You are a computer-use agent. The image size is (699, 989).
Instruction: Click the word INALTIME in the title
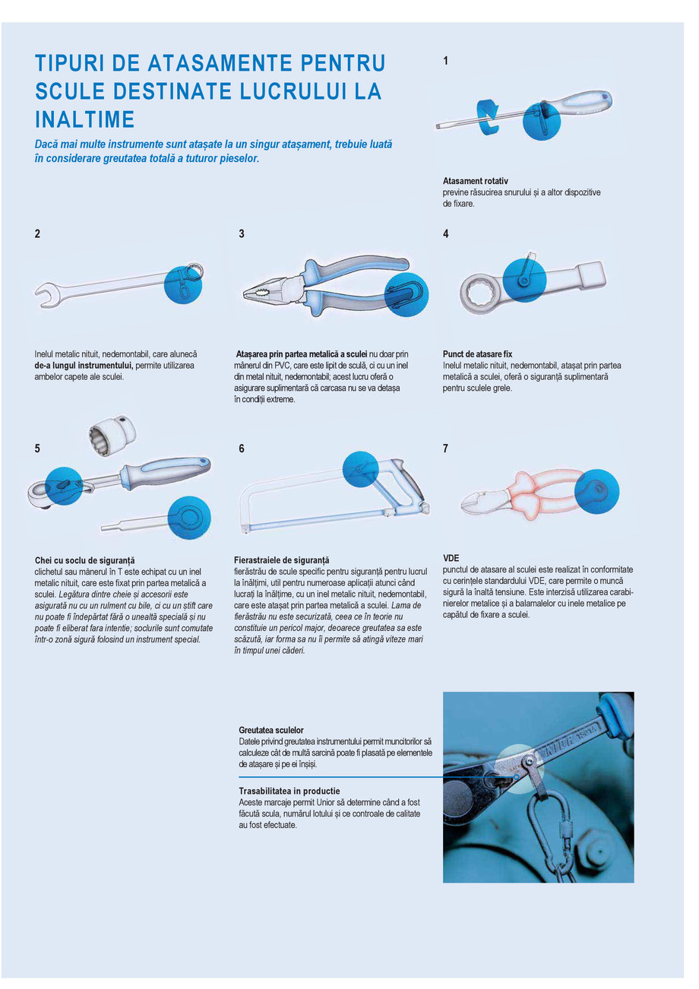85,119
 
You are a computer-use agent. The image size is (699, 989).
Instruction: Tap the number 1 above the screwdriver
446,61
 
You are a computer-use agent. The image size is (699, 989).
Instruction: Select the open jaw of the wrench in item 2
45,293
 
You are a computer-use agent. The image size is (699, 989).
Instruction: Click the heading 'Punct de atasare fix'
477,354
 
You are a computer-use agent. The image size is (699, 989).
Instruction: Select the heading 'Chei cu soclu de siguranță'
85,560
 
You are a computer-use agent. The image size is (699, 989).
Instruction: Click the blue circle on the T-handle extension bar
188,517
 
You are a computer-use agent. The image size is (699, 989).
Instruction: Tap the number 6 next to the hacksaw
242,449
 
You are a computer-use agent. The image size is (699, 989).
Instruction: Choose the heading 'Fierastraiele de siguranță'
282,560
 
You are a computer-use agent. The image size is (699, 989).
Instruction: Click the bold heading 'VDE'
451,558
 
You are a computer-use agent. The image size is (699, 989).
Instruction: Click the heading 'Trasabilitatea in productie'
289,791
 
